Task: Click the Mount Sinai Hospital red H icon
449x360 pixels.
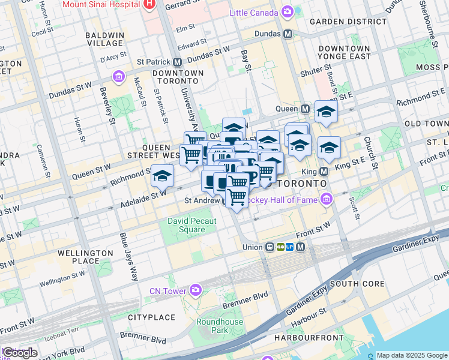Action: (x=150, y=4)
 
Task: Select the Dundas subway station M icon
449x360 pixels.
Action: (x=288, y=34)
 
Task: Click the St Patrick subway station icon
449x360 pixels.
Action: (x=178, y=62)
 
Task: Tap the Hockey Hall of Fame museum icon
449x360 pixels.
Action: (x=327, y=199)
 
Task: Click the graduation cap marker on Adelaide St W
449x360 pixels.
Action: (x=162, y=176)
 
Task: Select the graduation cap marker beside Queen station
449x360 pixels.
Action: (x=326, y=112)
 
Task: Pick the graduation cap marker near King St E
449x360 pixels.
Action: (x=329, y=148)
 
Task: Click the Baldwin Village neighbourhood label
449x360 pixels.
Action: (x=104, y=40)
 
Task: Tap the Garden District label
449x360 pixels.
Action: (x=348, y=21)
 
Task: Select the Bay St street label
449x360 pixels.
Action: (x=245, y=61)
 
